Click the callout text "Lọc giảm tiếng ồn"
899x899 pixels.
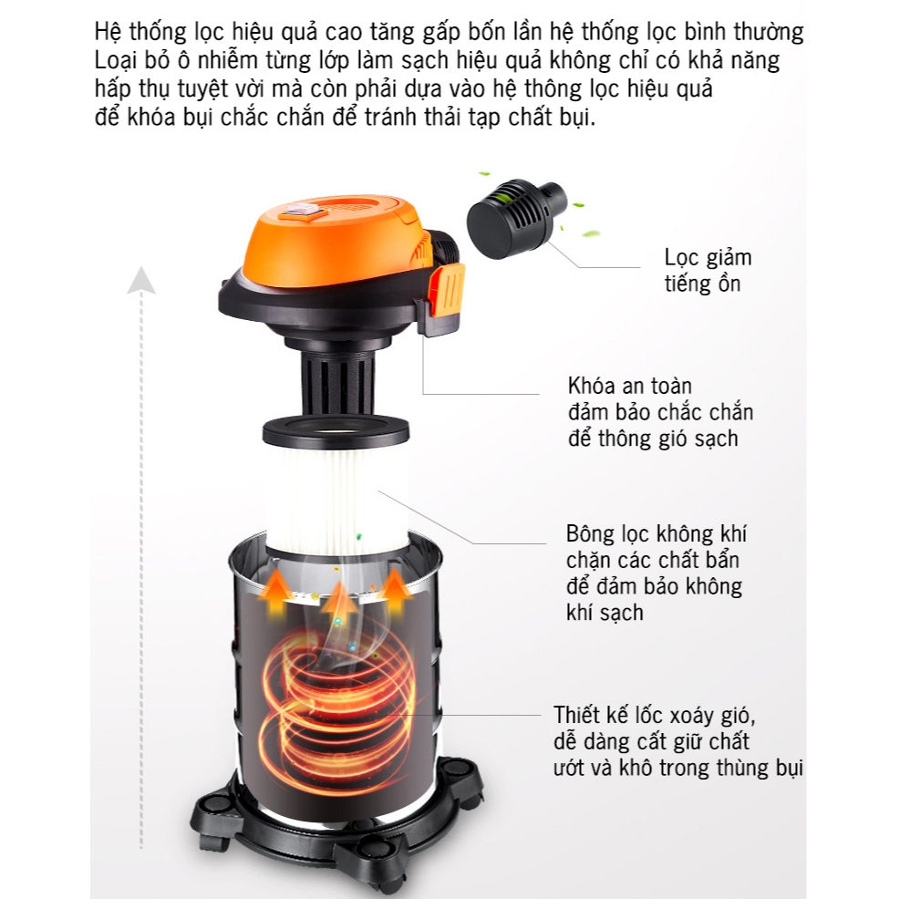point(708,271)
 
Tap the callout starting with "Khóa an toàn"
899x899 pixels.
point(660,412)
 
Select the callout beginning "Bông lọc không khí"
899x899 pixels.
point(656,573)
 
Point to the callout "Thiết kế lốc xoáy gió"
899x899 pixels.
point(677,741)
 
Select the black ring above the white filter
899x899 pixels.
point(336,431)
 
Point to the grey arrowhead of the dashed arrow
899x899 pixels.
point(141,280)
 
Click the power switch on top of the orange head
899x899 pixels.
point(301,210)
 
